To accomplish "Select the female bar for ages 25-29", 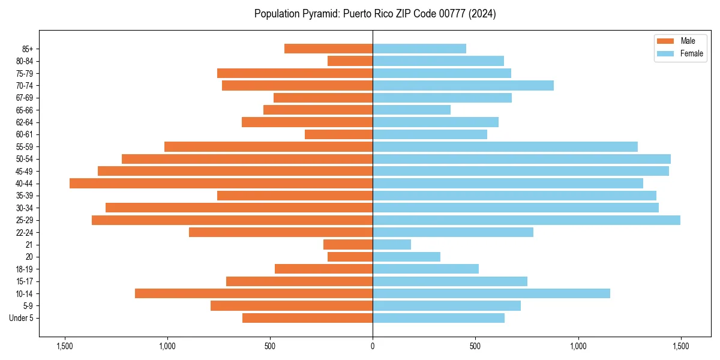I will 526,220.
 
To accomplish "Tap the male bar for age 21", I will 348,245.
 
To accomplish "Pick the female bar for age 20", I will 406,257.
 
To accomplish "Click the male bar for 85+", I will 328,49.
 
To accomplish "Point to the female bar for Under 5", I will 439,318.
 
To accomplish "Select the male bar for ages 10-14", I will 254,293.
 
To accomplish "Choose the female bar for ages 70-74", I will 463,85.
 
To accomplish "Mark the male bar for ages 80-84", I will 350,61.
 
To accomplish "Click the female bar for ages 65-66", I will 412,110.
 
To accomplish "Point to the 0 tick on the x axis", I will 373,347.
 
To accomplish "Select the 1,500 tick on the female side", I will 680,347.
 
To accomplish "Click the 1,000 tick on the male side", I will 167,347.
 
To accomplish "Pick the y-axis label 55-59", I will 25,146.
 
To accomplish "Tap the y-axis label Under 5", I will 21,318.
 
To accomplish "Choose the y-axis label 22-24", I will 25,232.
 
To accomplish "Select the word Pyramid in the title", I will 319,14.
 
